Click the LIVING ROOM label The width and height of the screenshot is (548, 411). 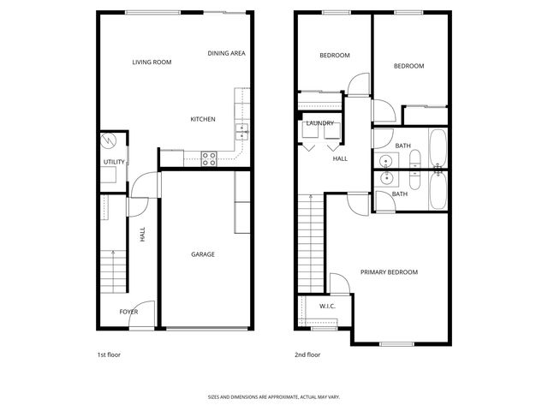point(152,63)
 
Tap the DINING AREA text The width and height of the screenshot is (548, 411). point(227,53)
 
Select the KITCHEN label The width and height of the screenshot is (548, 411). point(203,119)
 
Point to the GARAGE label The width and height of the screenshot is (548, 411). point(203,254)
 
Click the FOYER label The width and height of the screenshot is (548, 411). point(128,312)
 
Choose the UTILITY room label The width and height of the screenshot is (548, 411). point(114,162)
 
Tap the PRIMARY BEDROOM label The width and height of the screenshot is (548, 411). point(389,272)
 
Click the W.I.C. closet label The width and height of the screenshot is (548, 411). point(327,307)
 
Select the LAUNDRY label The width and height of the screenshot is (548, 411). point(319,123)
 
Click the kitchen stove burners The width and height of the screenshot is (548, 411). point(208,158)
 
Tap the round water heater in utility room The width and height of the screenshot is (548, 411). point(108,140)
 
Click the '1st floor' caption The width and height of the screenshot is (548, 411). point(109,354)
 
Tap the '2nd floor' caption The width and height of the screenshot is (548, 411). point(307,354)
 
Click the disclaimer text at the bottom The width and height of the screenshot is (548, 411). point(274,397)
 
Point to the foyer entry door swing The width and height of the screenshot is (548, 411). point(146,309)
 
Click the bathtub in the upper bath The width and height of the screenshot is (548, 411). point(438,149)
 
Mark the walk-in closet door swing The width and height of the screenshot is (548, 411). point(337,283)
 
